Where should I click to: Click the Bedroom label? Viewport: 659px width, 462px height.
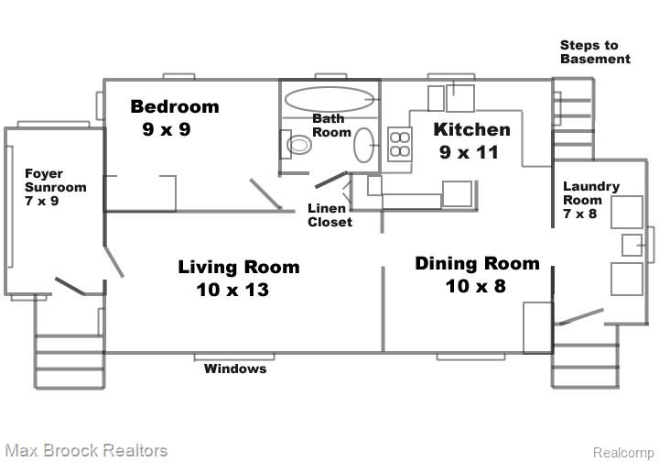coord(175,107)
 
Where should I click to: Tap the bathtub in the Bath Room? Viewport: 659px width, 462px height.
coord(329,99)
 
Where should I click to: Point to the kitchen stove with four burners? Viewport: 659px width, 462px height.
coord(400,144)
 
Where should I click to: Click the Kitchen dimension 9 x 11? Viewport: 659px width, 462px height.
coord(469,152)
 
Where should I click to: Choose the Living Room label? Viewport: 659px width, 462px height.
coord(239,268)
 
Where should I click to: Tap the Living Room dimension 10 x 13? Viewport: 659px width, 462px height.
coord(232,290)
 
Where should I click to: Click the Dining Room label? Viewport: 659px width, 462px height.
coord(478,264)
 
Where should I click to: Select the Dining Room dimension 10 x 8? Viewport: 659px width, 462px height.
coord(475,286)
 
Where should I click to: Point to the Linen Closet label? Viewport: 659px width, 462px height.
coord(329,215)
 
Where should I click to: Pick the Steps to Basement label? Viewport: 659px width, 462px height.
coord(595,52)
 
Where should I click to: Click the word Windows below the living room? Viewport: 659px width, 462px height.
coord(235,369)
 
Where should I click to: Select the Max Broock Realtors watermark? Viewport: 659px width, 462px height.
coord(87,451)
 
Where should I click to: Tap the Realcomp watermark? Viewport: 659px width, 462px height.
coord(623,453)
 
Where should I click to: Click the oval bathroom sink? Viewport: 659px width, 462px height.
coord(364,145)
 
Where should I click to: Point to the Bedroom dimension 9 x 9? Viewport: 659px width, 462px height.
coord(167,129)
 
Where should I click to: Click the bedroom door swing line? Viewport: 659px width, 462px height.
coord(265,193)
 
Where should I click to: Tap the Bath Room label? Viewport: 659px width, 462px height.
coord(331,126)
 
